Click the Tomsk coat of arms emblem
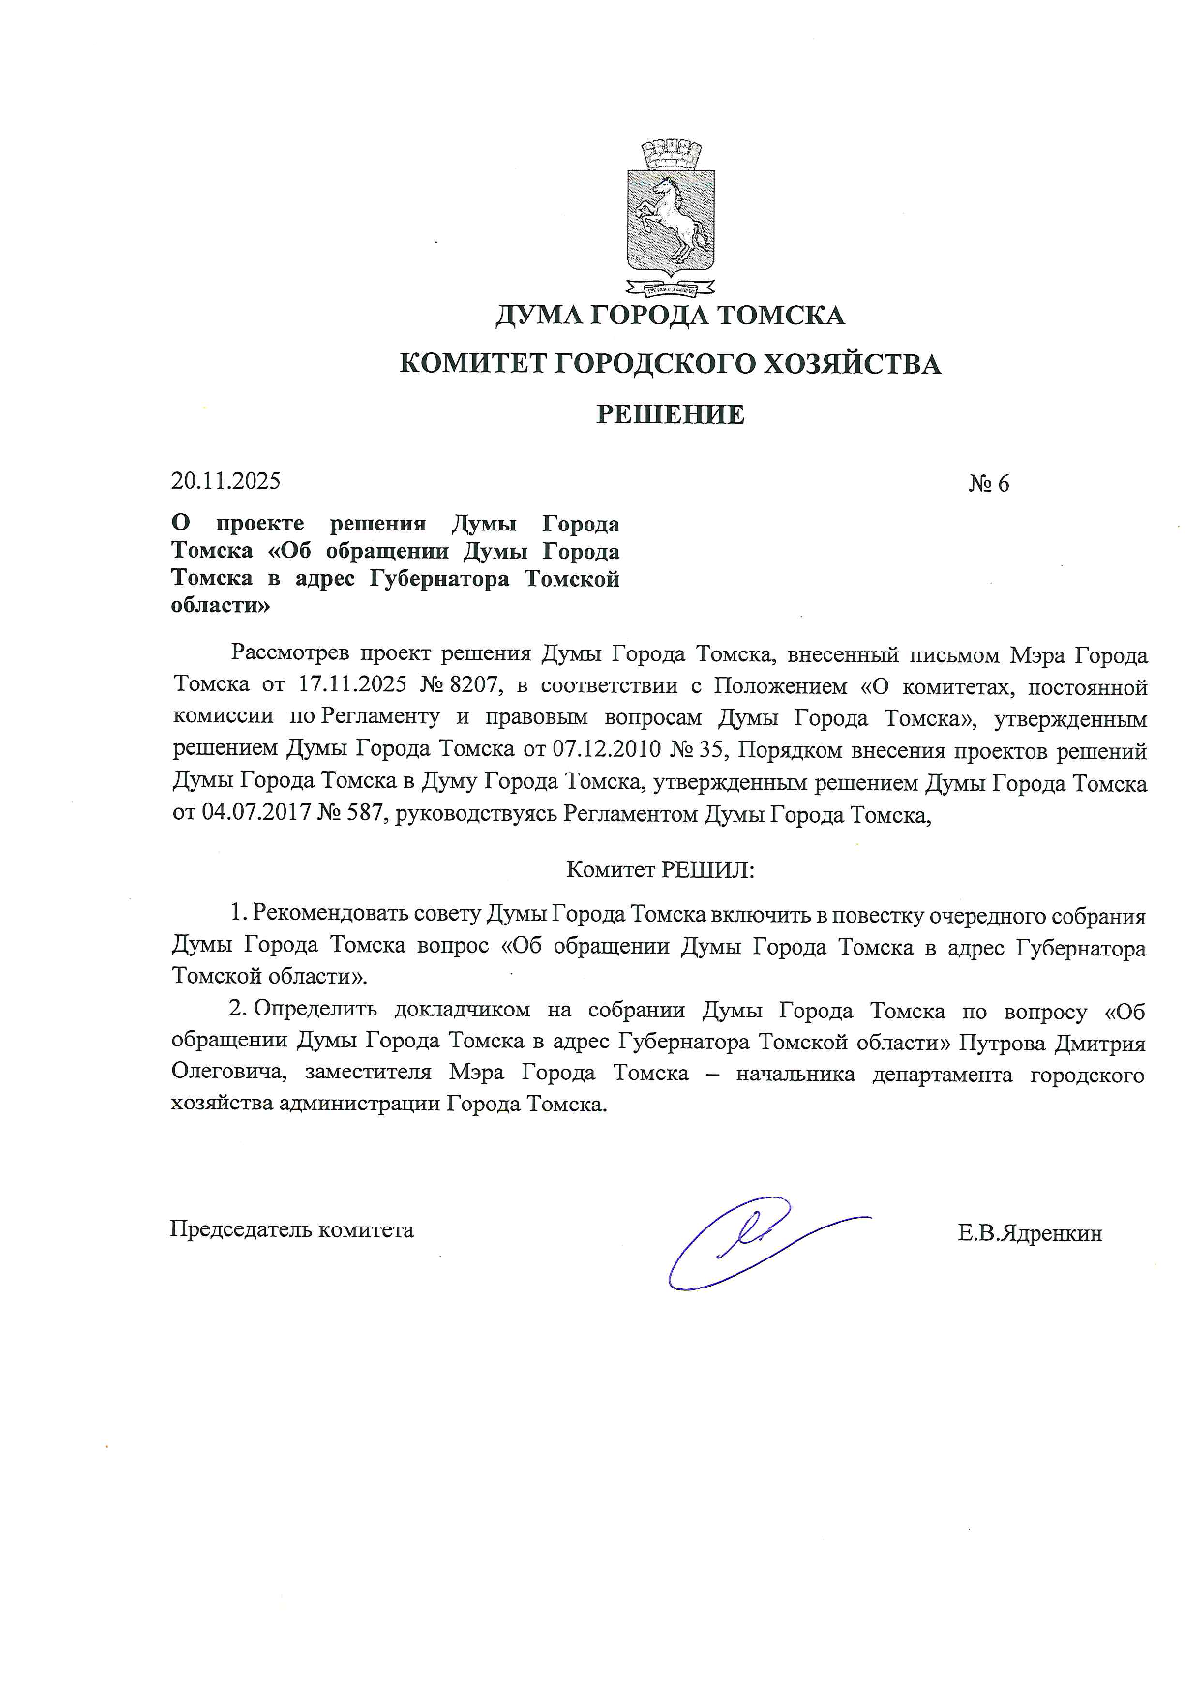pos(670,217)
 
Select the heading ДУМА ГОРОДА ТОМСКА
pos(670,316)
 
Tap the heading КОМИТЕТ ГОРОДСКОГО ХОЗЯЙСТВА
pos(670,365)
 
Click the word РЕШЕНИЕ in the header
pos(670,415)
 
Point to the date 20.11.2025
pos(225,481)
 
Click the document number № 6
pos(988,484)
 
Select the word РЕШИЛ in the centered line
pos(706,869)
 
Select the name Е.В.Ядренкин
pos(1030,1234)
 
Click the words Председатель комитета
pos(292,1230)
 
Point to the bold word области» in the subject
pos(221,607)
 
